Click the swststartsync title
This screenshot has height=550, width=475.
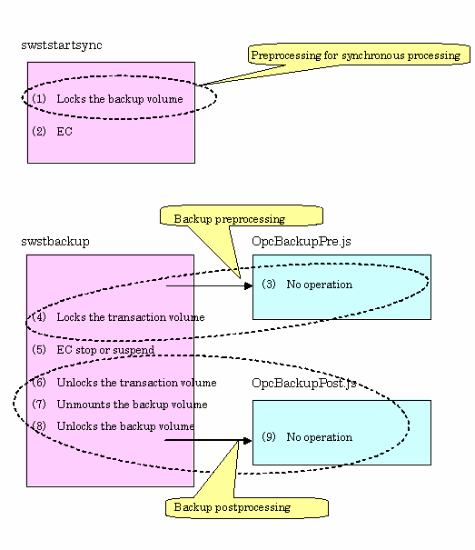tap(62, 45)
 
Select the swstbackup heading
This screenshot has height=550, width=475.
tap(55, 242)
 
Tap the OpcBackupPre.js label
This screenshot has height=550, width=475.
tap(302, 242)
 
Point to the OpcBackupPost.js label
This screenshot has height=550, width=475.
tap(304, 383)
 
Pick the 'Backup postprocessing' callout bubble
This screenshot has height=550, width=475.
tap(247, 507)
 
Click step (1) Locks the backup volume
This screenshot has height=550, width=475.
tap(107, 99)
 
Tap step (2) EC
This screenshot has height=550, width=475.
tap(53, 132)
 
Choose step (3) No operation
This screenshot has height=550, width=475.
tap(307, 285)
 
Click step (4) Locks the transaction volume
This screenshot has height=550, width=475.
tap(118, 317)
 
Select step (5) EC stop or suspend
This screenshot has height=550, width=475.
tap(93, 350)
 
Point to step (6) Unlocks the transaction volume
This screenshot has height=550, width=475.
tap(124, 383)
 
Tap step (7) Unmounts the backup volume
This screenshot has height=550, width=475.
tap(120, 405)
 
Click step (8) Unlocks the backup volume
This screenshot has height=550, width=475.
tap(113, 426)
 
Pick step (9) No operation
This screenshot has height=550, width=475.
tap(307, 437)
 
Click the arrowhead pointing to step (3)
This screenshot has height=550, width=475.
tap(248, 285)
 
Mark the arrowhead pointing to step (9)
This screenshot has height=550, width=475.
tap(248, 440)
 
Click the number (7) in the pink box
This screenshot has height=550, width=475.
tap(39, 405)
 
